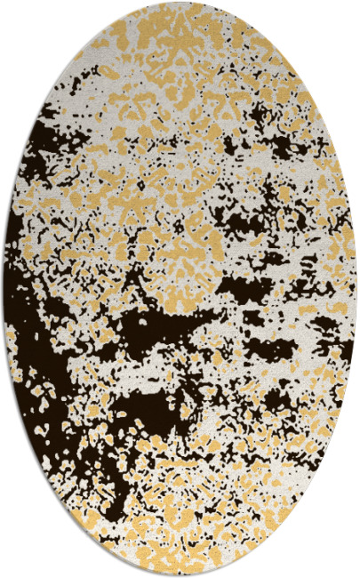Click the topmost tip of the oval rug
click(180, 3)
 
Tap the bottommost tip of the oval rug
click(180, 575)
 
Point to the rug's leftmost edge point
click(4, 289)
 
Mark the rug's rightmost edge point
click(356, 289)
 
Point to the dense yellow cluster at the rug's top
click(178, 44)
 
